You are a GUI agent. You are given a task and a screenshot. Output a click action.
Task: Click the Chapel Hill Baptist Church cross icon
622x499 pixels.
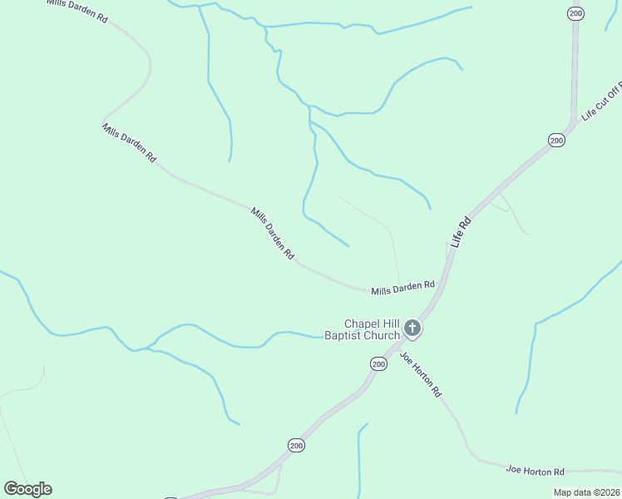(412, 330)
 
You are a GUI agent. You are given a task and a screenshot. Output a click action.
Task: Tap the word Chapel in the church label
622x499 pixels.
(362, 324)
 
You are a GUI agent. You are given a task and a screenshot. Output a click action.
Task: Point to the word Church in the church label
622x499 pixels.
(383, 337)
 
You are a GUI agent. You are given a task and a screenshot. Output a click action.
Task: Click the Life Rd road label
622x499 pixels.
(461, 233)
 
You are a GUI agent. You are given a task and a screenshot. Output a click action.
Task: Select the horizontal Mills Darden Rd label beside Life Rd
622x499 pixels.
(403, 288)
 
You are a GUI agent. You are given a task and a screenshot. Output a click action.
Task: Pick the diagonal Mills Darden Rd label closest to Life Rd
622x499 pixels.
(272, 235)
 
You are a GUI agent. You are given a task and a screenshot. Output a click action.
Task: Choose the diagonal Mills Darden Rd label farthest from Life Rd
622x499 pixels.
(129, 142)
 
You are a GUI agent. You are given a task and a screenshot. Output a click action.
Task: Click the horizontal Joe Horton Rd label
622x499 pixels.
(536, 471)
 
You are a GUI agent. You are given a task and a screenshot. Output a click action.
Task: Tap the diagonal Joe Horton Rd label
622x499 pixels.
(420, 373)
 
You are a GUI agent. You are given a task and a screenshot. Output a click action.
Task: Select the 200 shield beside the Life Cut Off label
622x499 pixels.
(556, 141)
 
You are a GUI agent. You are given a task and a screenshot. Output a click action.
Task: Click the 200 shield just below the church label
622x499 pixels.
(378, 364)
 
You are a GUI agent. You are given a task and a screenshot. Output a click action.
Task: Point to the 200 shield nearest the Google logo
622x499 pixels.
(297, 447)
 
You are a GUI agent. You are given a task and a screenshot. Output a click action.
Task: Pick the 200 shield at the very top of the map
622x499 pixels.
(575, 12)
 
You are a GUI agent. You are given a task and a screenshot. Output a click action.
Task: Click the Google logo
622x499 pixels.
(27, 489)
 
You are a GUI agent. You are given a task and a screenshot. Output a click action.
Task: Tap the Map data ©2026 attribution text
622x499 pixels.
(586, 492)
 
